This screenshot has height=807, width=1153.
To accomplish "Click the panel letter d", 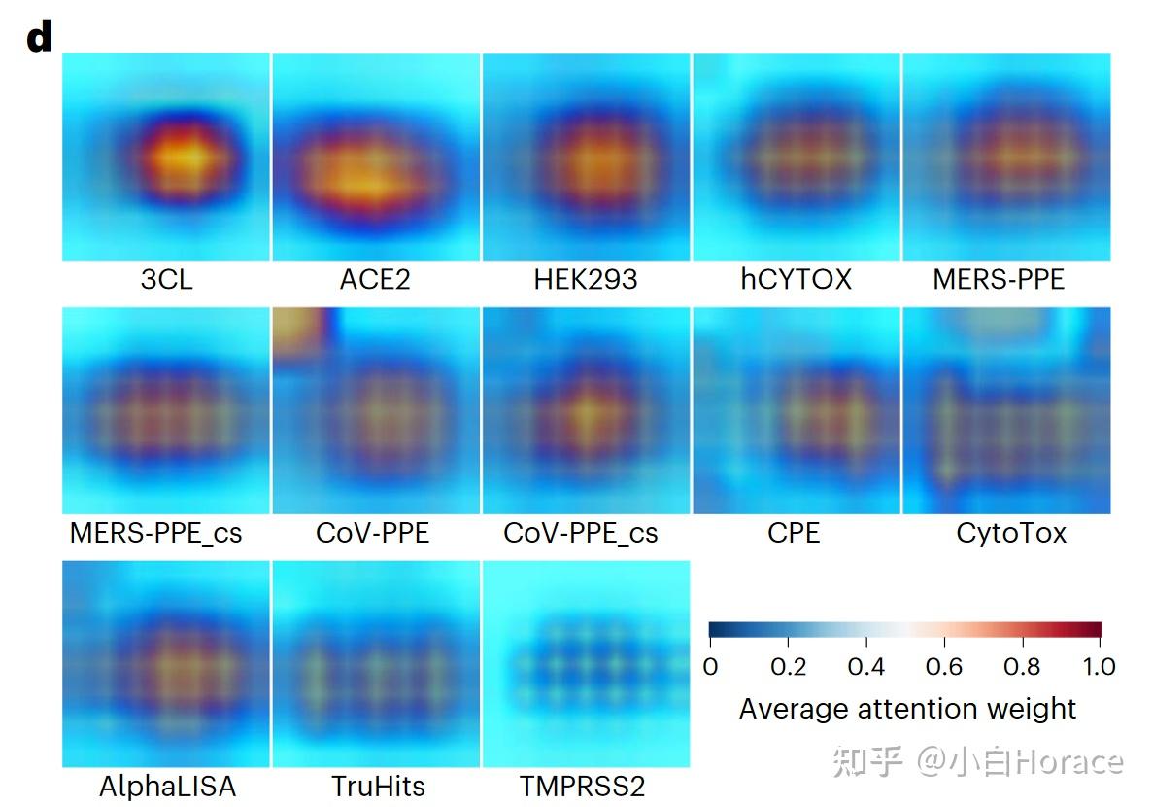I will tap(39, 39).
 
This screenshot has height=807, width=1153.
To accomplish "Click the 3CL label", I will tap(166, 280).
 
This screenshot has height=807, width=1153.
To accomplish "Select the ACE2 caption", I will tap(375, 280).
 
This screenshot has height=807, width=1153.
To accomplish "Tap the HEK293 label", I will tap(586, 280).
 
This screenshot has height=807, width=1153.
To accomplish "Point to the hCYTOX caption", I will tap(795, 280).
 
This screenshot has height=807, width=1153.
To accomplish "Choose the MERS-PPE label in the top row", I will tap(999, 280).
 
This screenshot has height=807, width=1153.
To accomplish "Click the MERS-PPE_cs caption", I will tap(155, 533).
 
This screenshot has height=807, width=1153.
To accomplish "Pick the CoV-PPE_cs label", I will tap(580, 533).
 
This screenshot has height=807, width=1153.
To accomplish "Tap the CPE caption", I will tap(794, 533).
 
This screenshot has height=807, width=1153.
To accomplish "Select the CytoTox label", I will tap(1011, 533).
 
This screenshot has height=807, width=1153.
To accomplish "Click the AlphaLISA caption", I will tap(167, 786).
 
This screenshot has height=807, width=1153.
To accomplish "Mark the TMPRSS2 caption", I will tap(582, 786).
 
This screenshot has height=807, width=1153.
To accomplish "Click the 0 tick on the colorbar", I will tap(710, 666).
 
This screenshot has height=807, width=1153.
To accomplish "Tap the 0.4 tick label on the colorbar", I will tap(865, 666).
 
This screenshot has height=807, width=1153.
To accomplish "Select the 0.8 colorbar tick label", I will tap(1021, 666).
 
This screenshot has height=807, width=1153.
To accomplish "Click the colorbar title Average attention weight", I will tap(907, 708).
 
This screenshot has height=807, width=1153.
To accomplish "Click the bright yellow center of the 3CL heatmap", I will tap(191, 156).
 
